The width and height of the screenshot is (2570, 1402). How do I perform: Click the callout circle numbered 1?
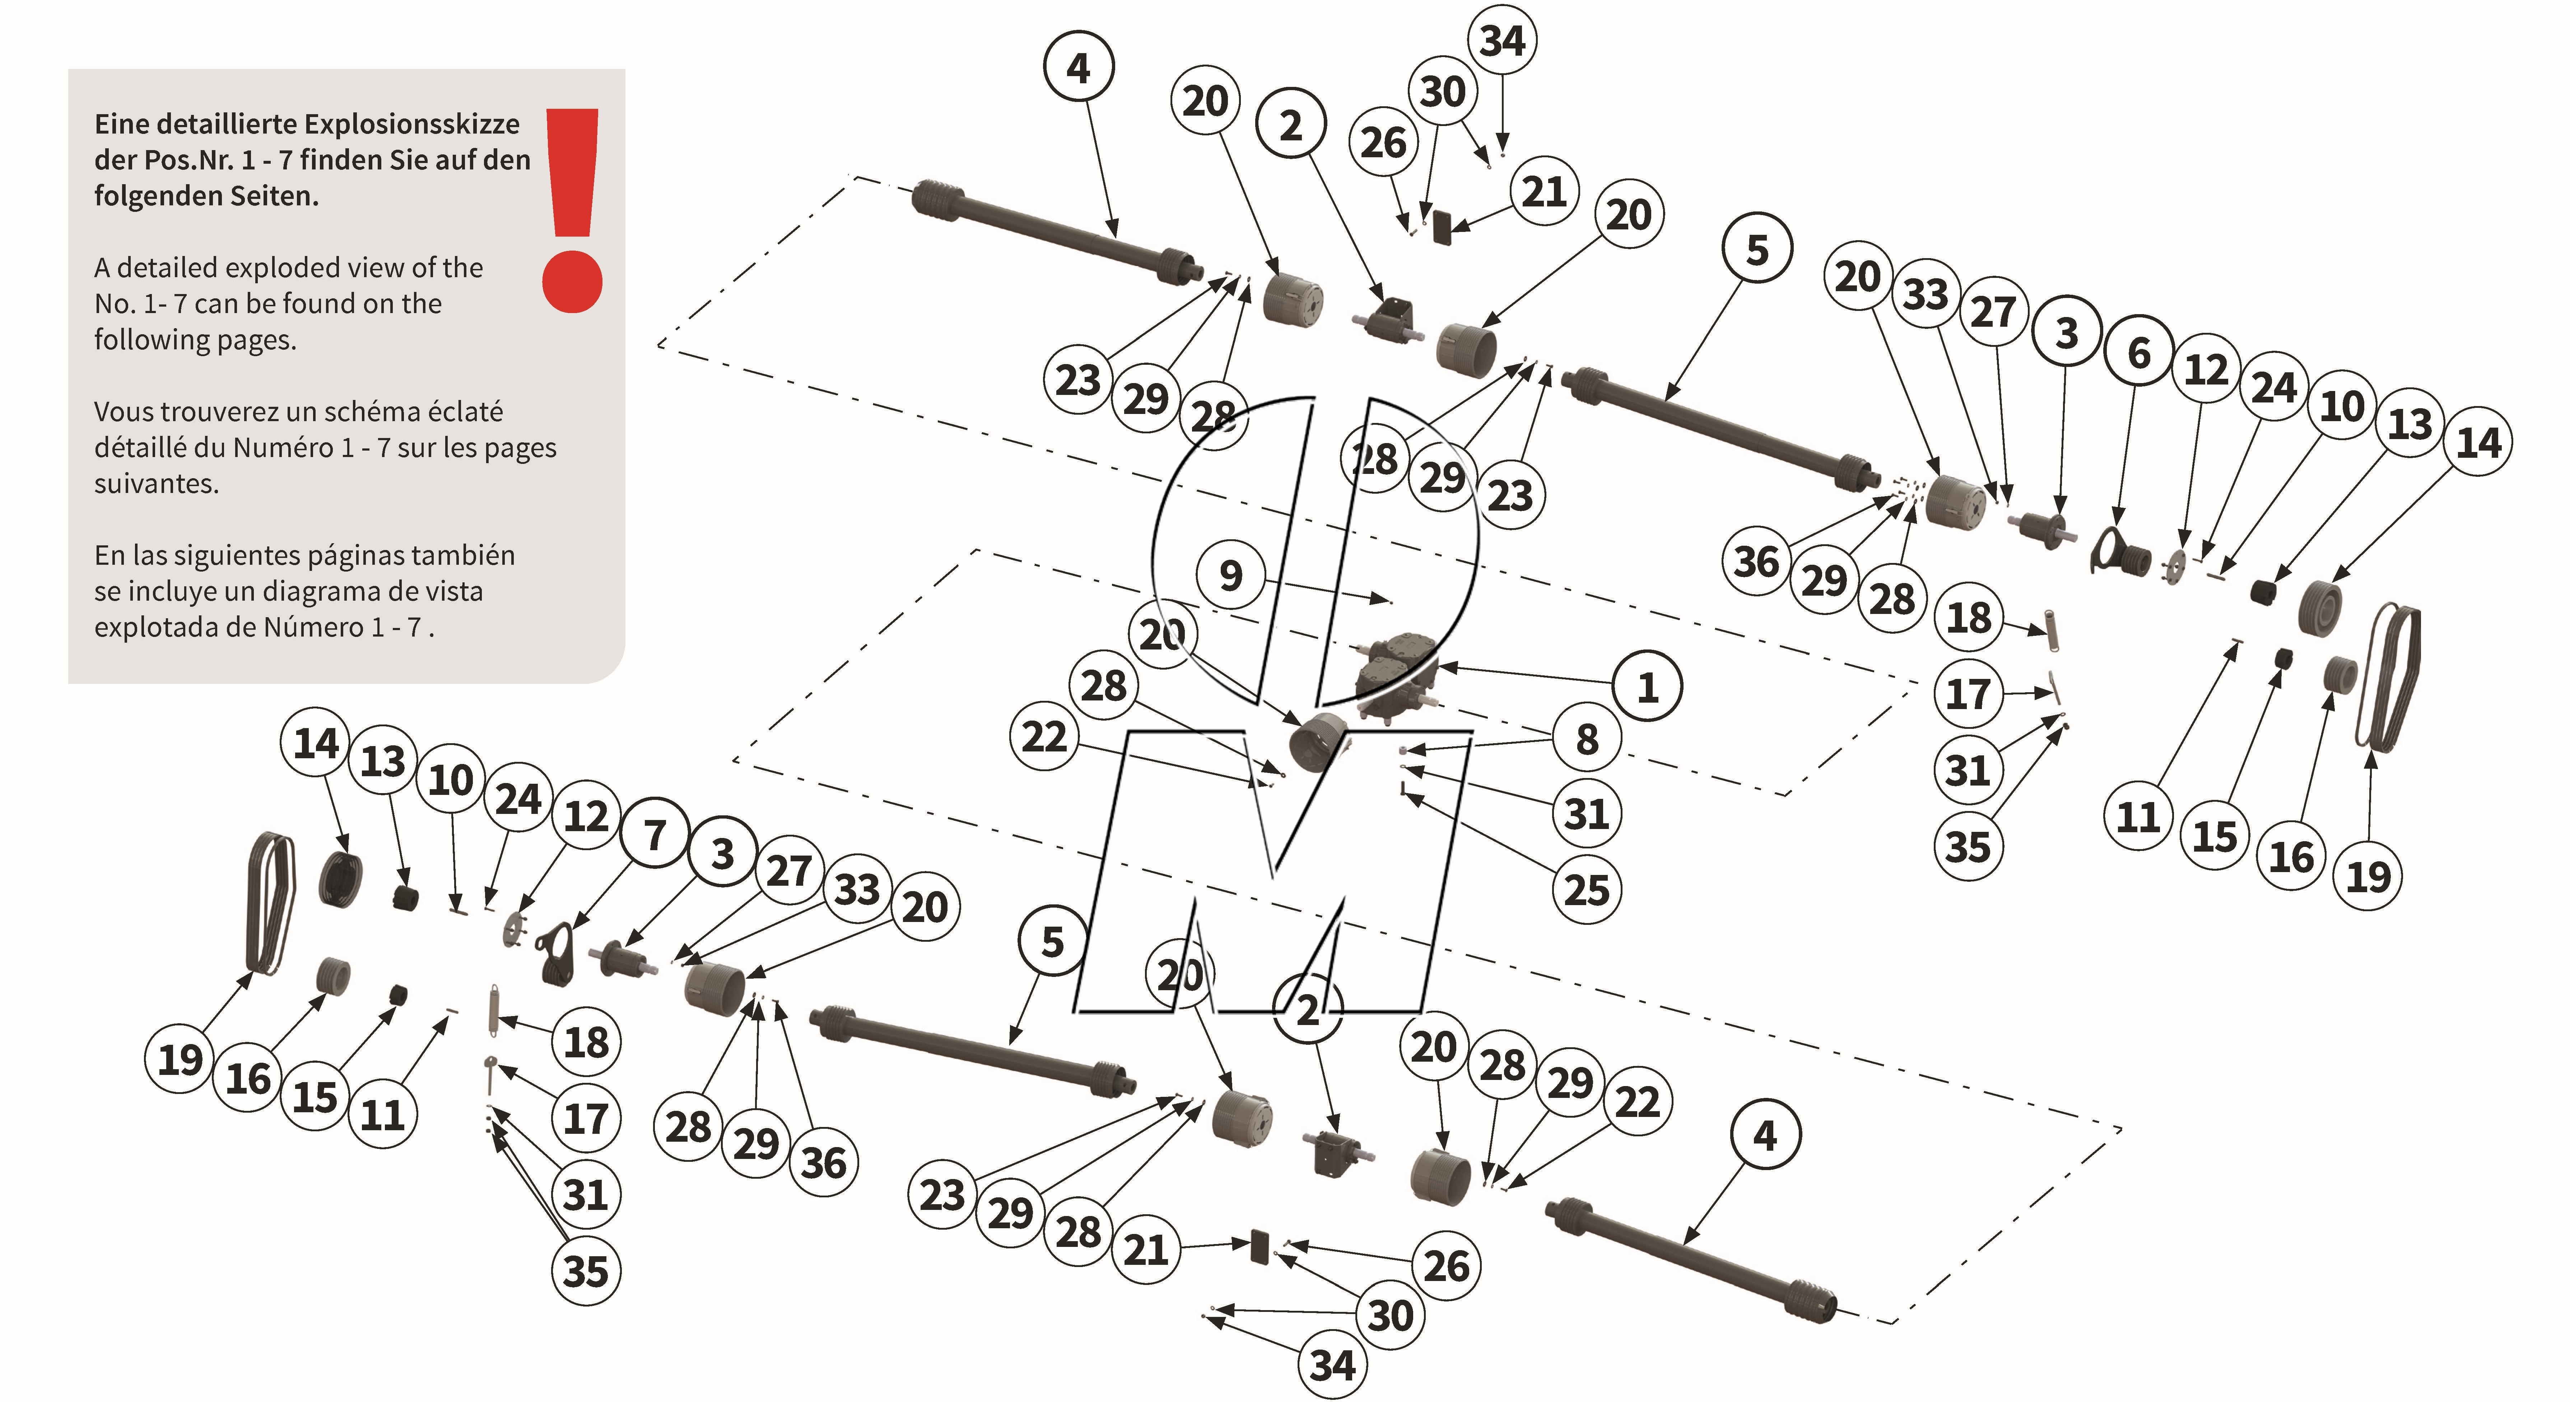(x=1647, y=688)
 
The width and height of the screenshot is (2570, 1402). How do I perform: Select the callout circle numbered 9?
(x=1231, y=576)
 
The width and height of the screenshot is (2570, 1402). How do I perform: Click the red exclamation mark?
(x=573, y=210)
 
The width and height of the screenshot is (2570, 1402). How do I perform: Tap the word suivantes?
(x=155, y=484)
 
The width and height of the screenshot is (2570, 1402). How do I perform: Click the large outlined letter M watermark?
(x=1267, y=868)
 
